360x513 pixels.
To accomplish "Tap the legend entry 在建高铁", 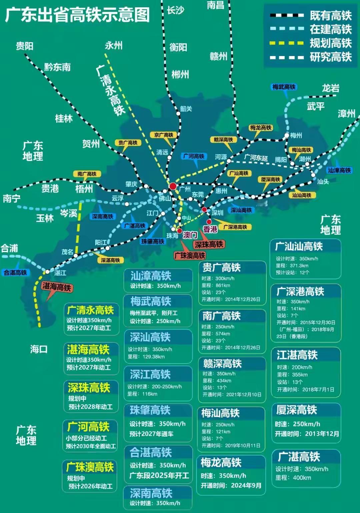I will click(330, 29).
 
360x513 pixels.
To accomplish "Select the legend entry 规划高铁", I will click(330, 43).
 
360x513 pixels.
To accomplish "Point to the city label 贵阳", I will click(25, 46).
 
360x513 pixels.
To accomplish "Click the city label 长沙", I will click(175, 10).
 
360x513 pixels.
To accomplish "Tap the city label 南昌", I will click(215, 5).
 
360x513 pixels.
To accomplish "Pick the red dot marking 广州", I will click(173, 186).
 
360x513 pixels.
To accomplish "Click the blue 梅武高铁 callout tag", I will click(284, 87).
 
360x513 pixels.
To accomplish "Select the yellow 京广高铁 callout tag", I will click(164, 135).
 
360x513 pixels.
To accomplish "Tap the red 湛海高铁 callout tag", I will click(57, 287).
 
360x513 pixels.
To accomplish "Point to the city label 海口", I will click(39, 349).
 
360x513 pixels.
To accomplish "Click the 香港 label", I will click(210, 229).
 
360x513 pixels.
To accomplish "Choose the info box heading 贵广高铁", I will click(221, 268).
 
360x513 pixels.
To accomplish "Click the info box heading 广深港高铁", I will click(300, 292).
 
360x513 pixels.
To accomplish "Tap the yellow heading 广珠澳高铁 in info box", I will click(90, 467).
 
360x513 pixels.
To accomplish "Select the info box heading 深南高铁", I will click(151, 493).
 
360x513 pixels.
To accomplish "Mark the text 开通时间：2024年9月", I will click(231, 485).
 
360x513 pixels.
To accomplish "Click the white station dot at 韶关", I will click(178, 113).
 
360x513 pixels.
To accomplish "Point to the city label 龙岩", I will click(330, 88).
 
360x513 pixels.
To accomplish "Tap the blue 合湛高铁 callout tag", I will click(15, 273).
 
